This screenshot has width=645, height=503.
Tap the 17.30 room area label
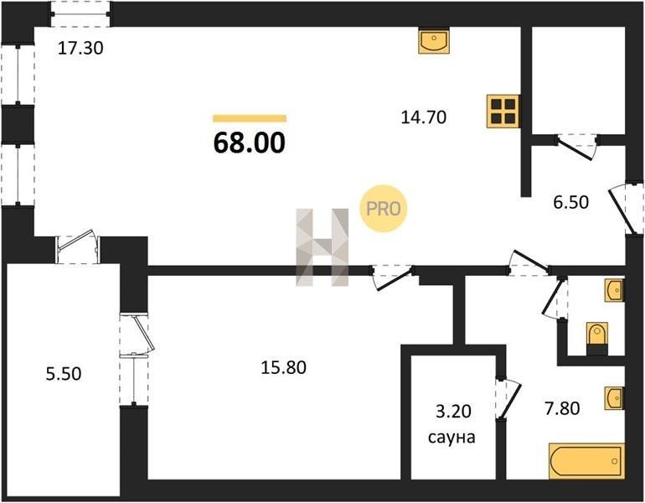tap(80, 49)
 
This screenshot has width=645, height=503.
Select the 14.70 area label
tap(424, 117)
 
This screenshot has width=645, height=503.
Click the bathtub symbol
tap(586, 459)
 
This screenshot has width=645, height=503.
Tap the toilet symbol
tap(597, 335)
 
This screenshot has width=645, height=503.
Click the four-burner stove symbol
tap(503, 111)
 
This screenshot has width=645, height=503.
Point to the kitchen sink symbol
tap(434, 40)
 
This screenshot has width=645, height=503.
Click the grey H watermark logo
tap(323, 246)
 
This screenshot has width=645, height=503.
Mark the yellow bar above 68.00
tap(250, 119)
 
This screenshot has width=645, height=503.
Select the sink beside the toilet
tap(614, 290)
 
